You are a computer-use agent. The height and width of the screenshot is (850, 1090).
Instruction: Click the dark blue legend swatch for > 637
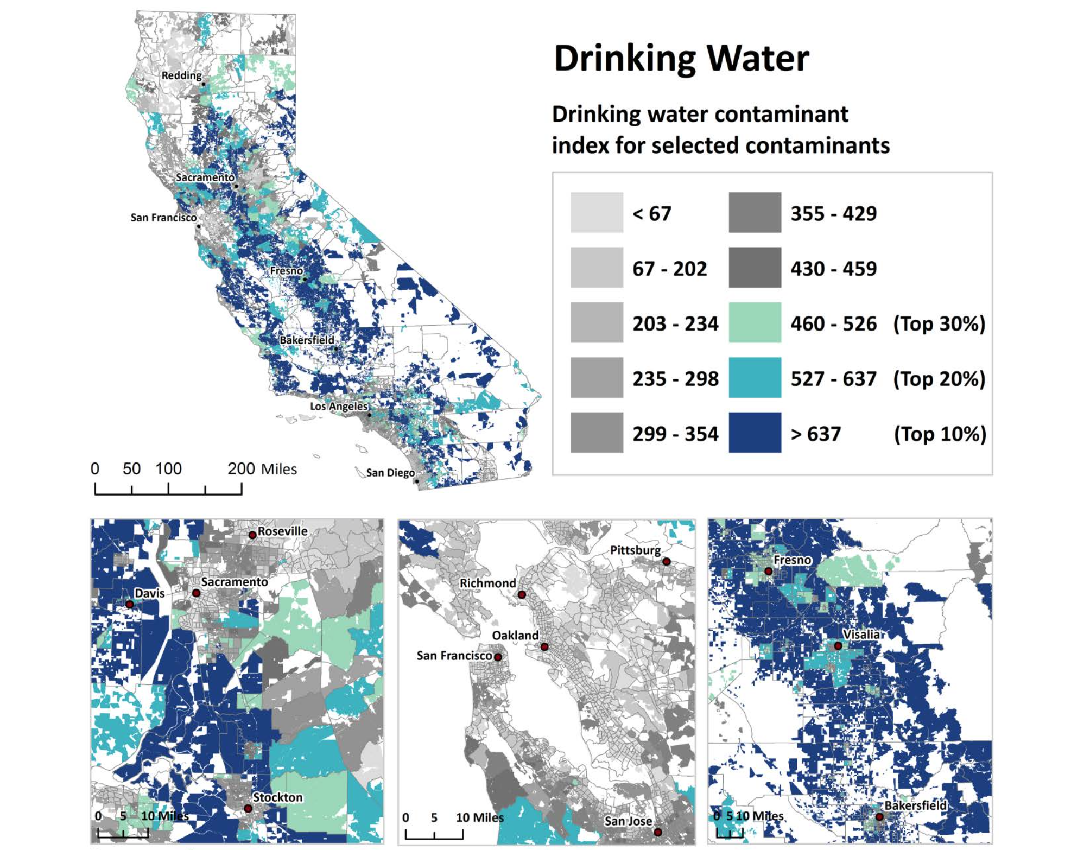pos(755,433)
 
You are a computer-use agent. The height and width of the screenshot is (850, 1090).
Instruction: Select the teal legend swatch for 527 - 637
pos(755,378)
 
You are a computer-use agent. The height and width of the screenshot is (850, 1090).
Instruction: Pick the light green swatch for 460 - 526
pos(755,323)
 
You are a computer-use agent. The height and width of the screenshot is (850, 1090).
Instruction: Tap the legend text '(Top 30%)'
pos(939,323)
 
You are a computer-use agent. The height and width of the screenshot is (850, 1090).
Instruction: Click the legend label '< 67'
pos(651,213)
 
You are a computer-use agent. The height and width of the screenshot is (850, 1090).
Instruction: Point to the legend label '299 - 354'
pos(675,434)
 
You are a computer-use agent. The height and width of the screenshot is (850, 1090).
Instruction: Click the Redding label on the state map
pos(181,75)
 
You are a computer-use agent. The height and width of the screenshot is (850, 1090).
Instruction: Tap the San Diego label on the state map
pos(390,472)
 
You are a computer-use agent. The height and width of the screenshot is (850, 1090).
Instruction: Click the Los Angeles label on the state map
pos(339,406)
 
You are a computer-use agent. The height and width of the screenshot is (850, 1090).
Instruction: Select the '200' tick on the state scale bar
pos(241,468)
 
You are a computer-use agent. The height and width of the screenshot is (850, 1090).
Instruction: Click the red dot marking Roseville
pos(252,535)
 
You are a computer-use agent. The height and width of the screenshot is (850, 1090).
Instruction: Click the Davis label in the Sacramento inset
pos(149,593)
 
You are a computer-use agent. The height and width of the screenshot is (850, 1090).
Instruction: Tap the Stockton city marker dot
pos(248,809)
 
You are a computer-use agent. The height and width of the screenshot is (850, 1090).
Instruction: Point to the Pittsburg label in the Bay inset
pos(635,550)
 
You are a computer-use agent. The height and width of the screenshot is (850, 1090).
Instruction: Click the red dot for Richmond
pos(522,595)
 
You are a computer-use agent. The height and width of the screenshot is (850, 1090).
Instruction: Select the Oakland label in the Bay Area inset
pos(515,635)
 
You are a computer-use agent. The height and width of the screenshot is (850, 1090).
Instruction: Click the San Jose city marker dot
pos(657,832)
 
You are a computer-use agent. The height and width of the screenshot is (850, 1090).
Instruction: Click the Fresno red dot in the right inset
pos(768,572)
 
